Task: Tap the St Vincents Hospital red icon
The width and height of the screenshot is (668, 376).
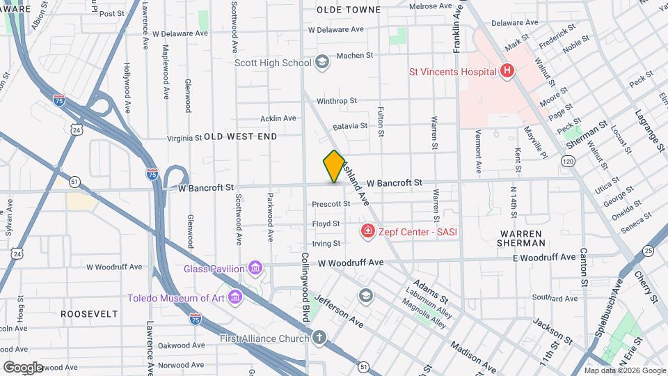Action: click(507, 71)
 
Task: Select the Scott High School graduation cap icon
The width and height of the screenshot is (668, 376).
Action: click(321, 63)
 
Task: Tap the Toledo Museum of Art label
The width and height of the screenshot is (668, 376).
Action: click(177, 298)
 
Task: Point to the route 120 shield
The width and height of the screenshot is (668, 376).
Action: click(568, 162)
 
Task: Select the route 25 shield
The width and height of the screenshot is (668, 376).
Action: click(649, 251)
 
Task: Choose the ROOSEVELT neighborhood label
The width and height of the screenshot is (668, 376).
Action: click(89, 314)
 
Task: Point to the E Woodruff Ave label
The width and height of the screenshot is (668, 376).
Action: click(545, 258)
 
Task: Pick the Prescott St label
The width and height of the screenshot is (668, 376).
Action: click(331, 204)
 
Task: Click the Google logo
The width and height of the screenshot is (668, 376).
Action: click(24, 366)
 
